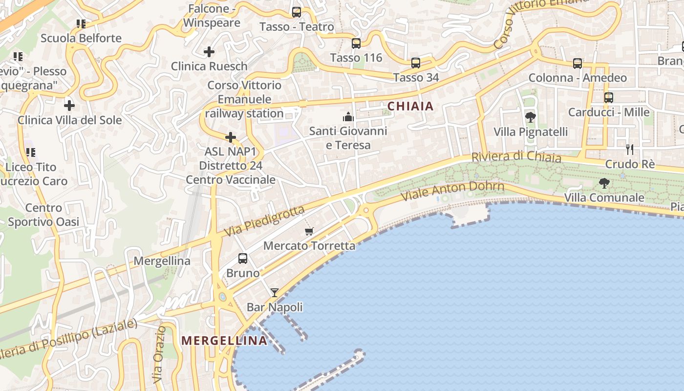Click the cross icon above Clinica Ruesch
point(209,52)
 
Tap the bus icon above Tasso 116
point(356,43)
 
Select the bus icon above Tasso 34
point(415,63)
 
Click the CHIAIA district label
point(410,106)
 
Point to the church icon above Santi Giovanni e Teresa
point(348,117)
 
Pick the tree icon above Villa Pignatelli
point(530,117)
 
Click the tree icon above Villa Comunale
point(604,183)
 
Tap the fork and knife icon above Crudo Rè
point(630,150)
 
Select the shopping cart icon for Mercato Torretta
point(309,231)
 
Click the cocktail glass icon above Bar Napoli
point(275,293)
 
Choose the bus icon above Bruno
point(242,259)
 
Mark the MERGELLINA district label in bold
point(224,341)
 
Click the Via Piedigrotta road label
point(264,221)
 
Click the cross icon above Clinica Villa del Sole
point(69,105)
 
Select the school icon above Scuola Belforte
point(81,23)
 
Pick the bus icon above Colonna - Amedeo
point(577,64)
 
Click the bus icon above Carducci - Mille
point(608,98)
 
